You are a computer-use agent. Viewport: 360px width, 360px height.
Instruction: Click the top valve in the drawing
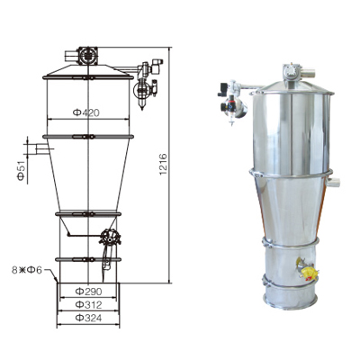(87, 55)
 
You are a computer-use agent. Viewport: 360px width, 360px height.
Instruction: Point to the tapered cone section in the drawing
(87, 175)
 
